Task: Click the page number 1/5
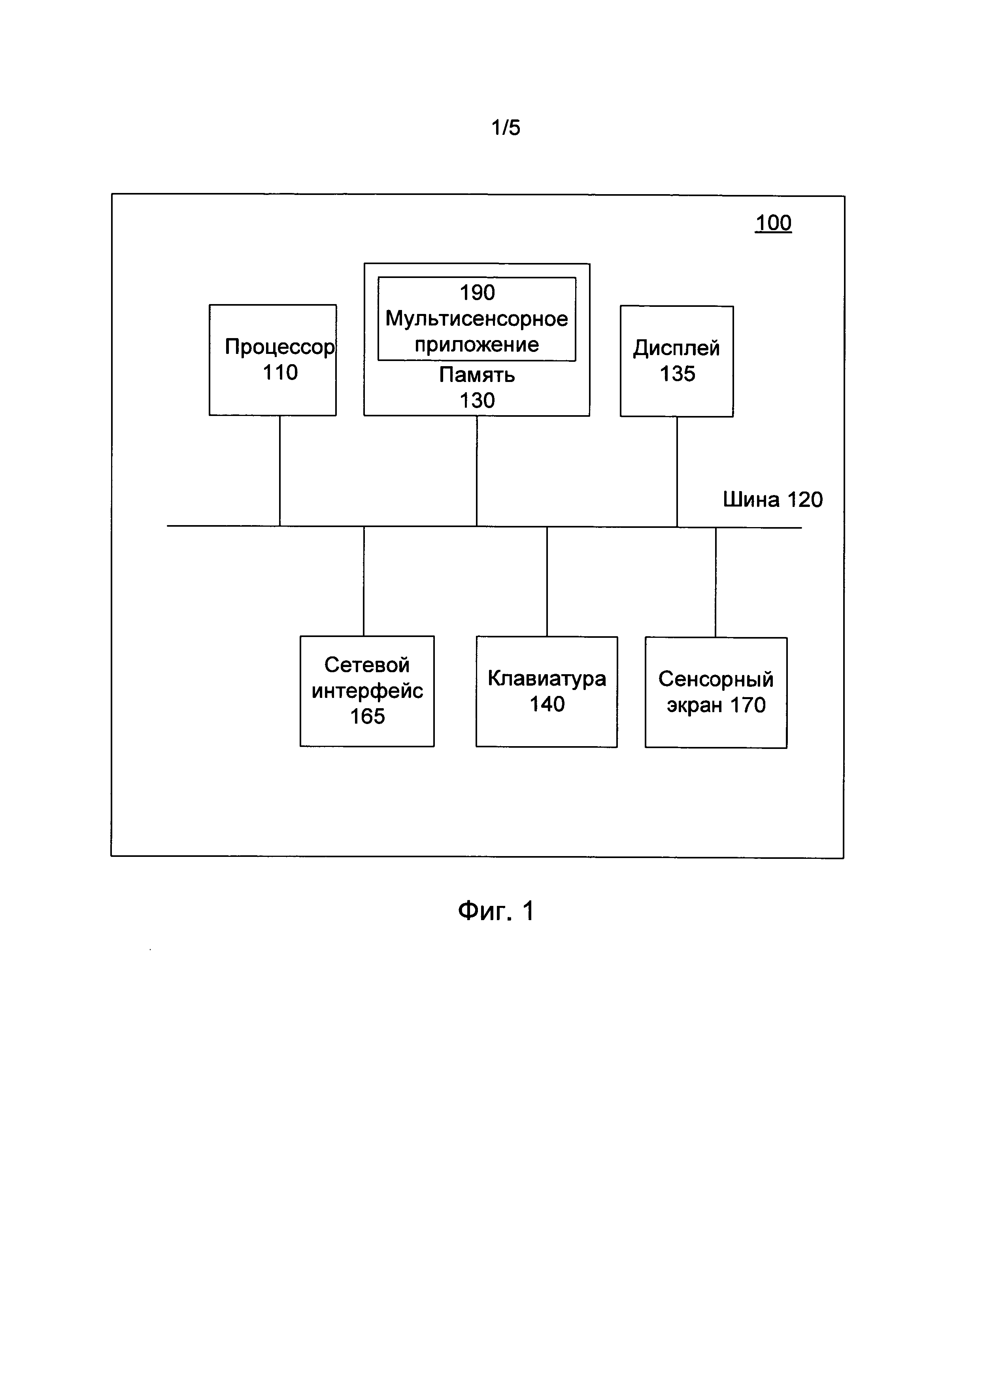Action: tap(506, 127)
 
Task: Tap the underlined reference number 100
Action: tap(773, 223)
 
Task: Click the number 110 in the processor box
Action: tap(280, 372)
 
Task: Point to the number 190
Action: tap(477, 293)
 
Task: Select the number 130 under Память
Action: tap(477, 401)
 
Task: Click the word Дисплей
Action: tap(677, 348)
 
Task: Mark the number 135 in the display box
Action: tap(677, 374)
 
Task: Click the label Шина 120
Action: tap(773, 499)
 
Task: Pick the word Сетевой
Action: tap(367, 665)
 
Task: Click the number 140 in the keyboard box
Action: tap(547, 704)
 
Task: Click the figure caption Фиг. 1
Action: tap(496, 911)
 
